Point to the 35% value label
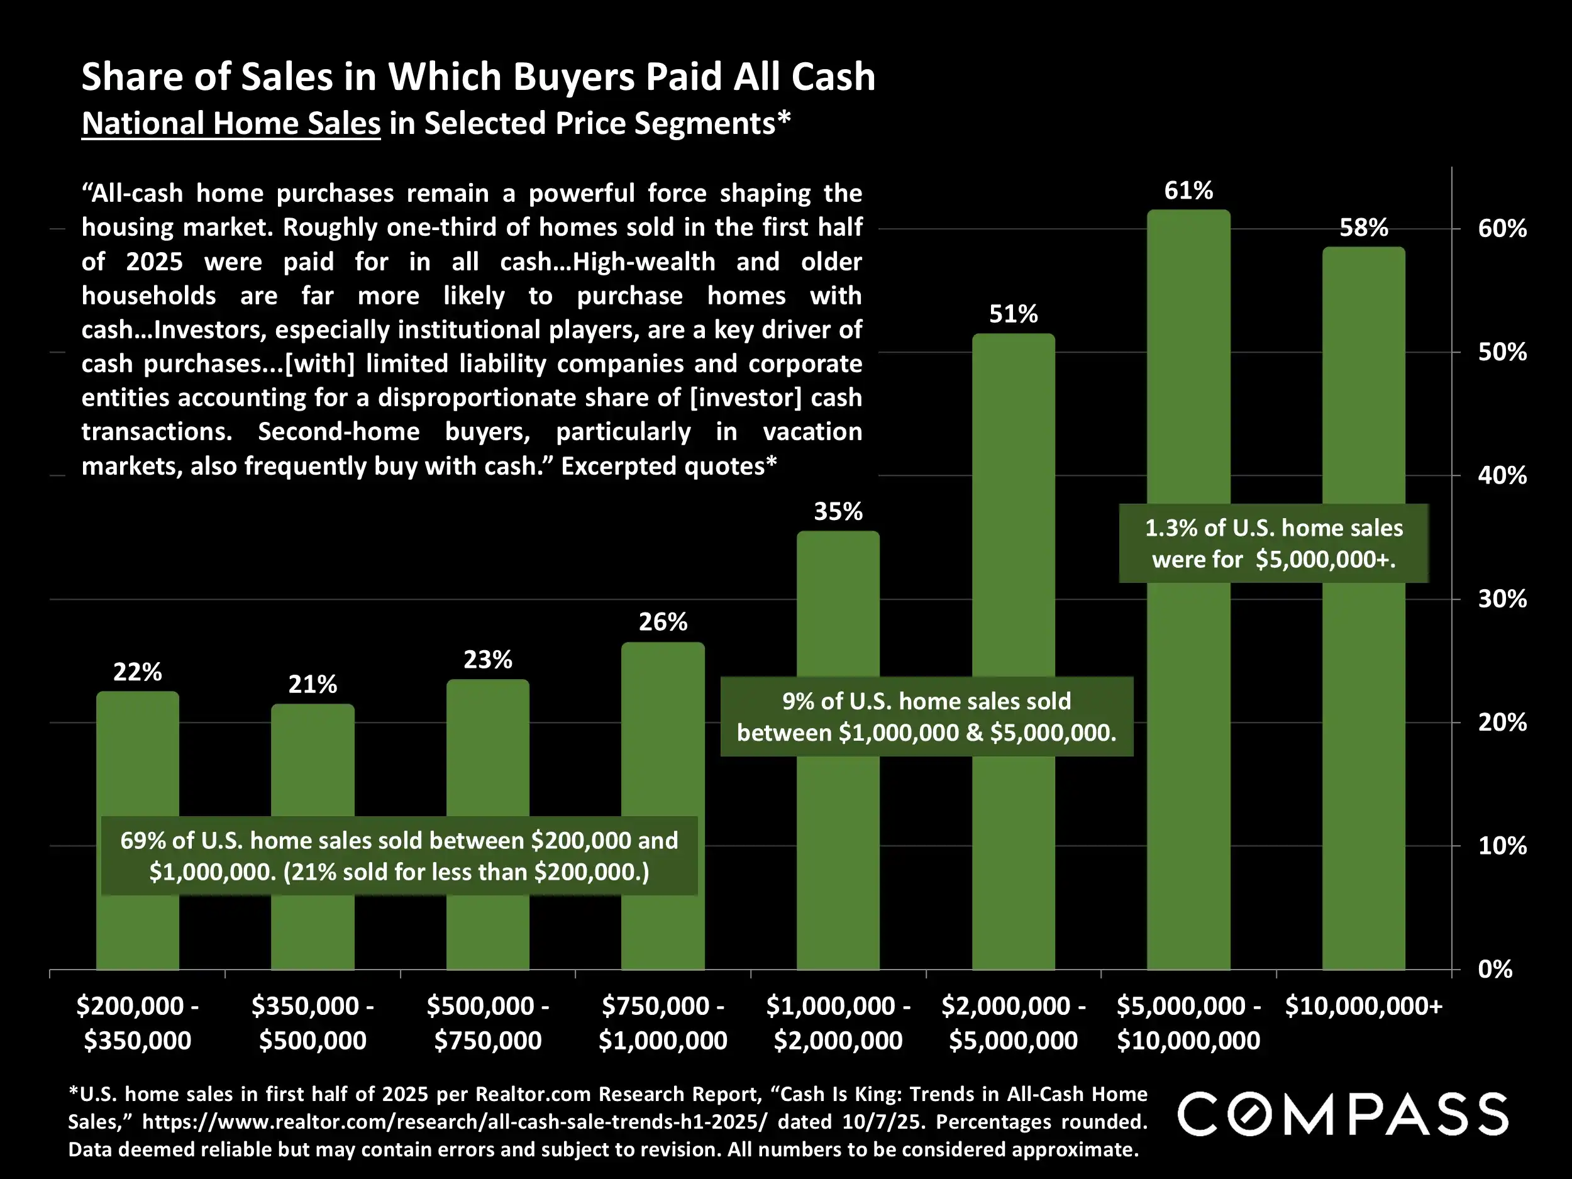click(838, 512)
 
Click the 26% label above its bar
click(662, 623)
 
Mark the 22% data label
click(137, 672)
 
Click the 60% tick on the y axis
click(1502, 229)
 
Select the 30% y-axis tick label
click(1502, 599)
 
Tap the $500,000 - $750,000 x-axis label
click(487, 1022)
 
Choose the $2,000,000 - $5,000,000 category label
click(1014, 1022)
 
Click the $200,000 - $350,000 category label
click(137, 1022)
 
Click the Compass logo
click(1343, 1114)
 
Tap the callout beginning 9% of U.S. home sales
click(927, 716)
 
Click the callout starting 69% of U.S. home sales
click(399, 856)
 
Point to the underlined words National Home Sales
click(231, 124)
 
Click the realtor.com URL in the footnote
click(455, 1121)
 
